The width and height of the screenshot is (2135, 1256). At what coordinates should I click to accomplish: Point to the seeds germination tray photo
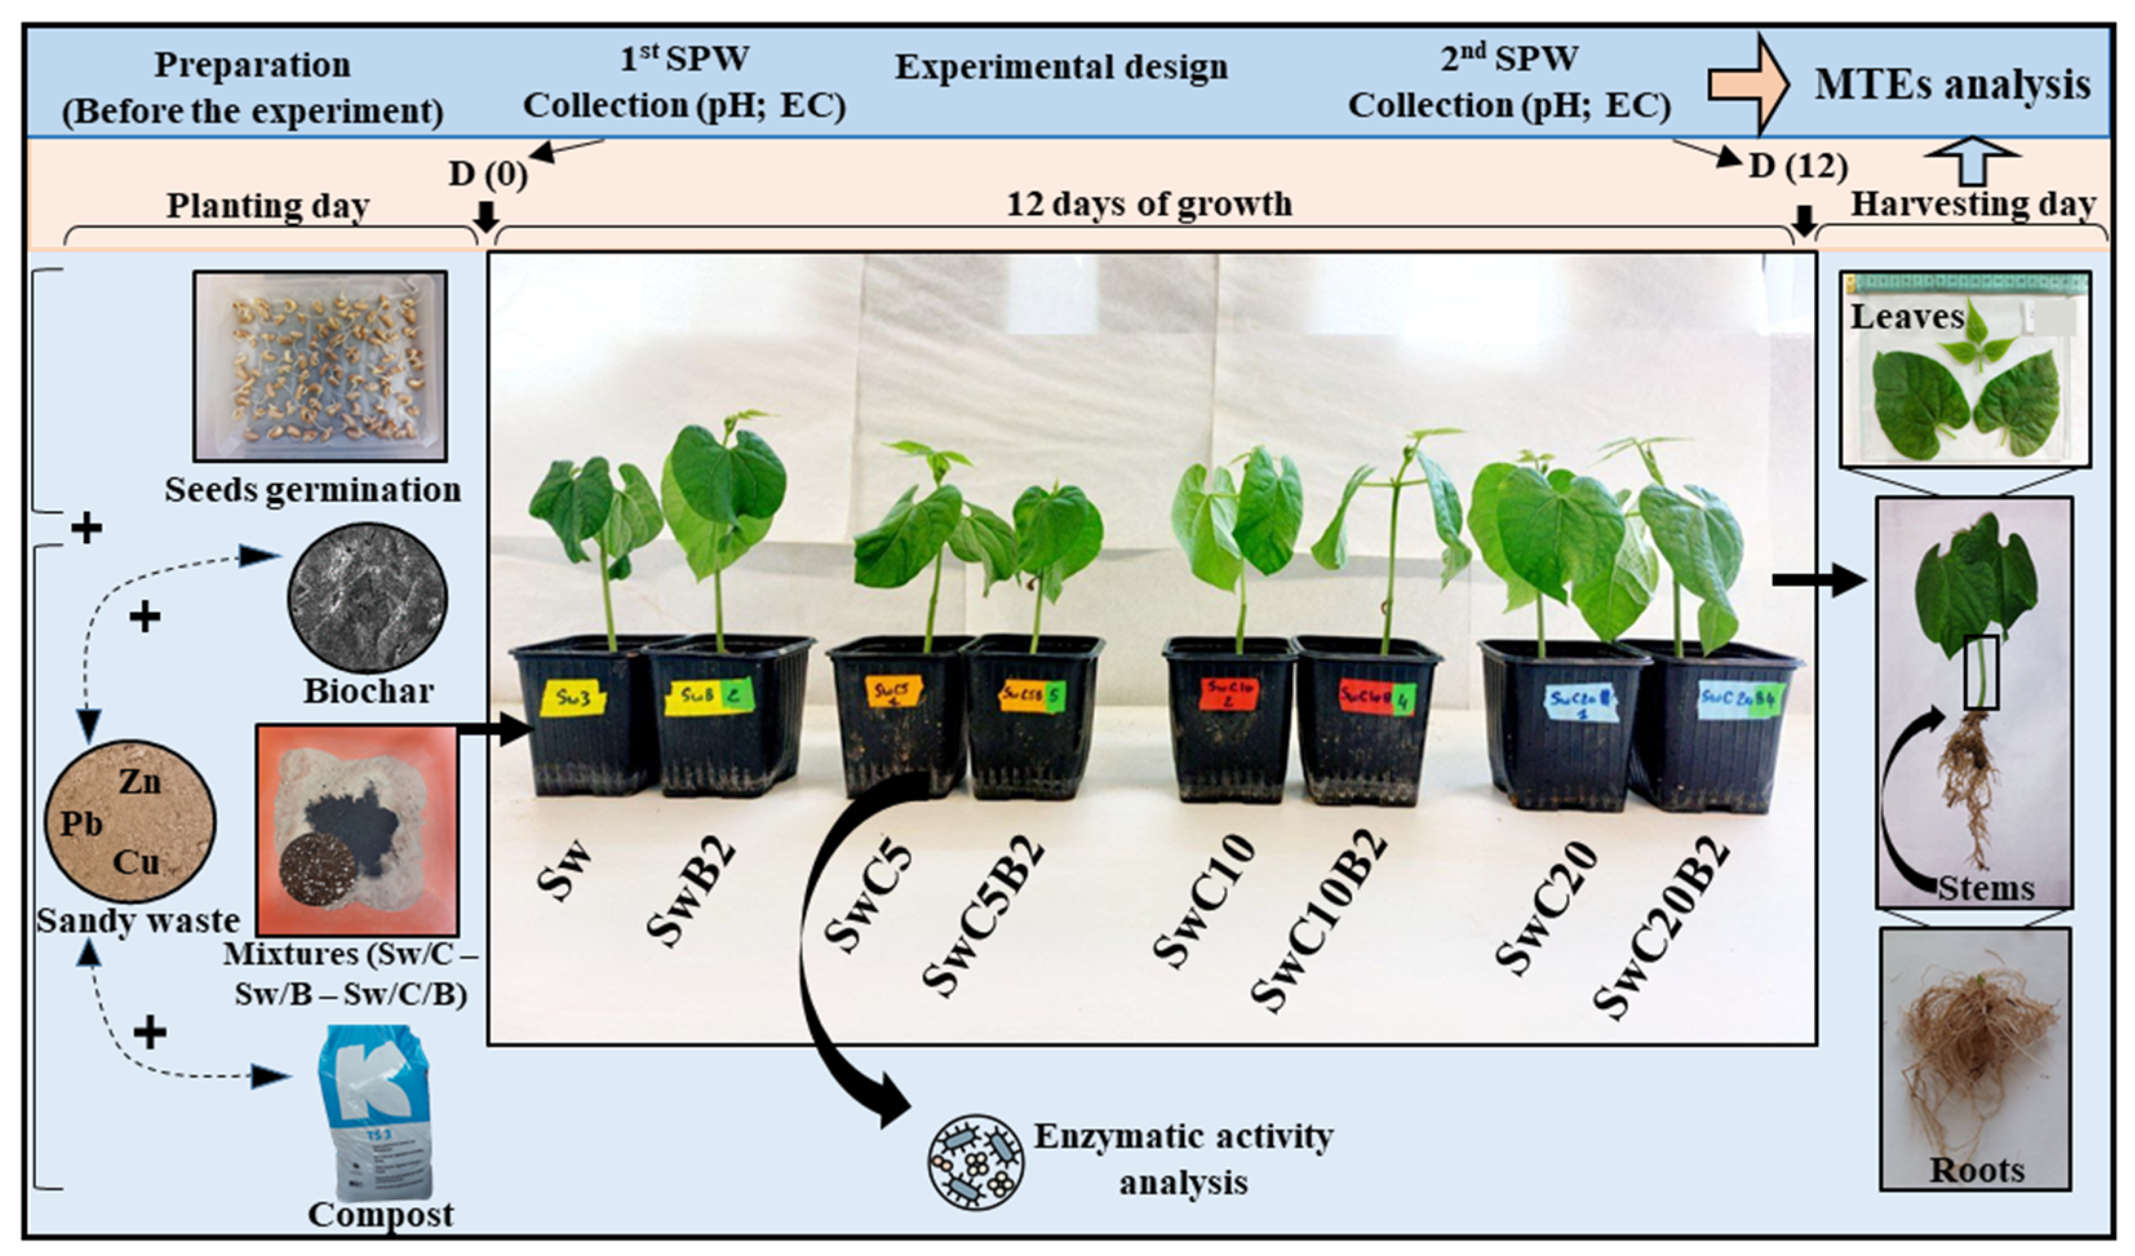[x=320, y=366]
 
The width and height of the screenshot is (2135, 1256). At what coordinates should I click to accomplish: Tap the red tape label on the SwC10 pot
[x=1228, y=694]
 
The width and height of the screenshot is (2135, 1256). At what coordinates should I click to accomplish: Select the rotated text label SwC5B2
[x=983, y=915]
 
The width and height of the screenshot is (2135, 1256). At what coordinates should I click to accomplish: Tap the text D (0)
[x=488, y=174]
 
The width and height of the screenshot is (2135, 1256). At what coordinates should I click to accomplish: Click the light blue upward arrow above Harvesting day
[x=1972, y=161]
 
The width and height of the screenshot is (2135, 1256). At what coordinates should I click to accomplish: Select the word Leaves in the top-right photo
[x=1906, y=317]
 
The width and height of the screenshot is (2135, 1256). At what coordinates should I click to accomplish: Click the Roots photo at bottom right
[x=1975, y=1060]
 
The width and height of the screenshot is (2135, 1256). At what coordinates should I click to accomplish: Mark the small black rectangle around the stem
[x=1981, y=672]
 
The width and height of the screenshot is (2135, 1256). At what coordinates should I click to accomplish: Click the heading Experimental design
[x=1061, y=67]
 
